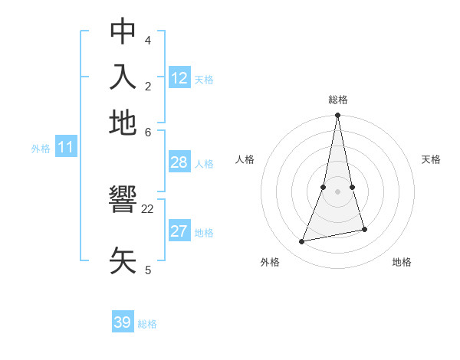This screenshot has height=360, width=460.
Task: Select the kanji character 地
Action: tap(123, 123)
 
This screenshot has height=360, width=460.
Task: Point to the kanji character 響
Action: tap(123, 201)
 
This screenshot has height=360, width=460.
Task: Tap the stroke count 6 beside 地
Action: tap(148, 131)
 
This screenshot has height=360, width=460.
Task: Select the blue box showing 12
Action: tap(179, 77)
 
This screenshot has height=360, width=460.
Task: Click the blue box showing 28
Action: tap(179, 162)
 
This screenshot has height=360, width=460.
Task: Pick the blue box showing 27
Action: tap(179, 231)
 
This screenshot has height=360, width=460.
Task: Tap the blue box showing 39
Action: tap(123, 322)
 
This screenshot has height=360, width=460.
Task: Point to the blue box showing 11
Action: tap(66, 147)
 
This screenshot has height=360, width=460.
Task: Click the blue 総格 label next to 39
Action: tap(148, 324)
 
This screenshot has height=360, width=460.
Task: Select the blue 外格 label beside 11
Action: tap(41, 149)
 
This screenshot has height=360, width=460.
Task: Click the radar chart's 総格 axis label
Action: tap(338, 100)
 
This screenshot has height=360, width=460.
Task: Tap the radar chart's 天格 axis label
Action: tap(432, 159)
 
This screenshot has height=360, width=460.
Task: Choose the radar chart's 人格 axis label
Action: tap(245, 159)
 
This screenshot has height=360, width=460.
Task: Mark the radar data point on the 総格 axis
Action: tap(337, 116)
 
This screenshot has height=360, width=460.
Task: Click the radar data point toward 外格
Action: tap(302, 242)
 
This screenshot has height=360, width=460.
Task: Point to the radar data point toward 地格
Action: tap(364, 229)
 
